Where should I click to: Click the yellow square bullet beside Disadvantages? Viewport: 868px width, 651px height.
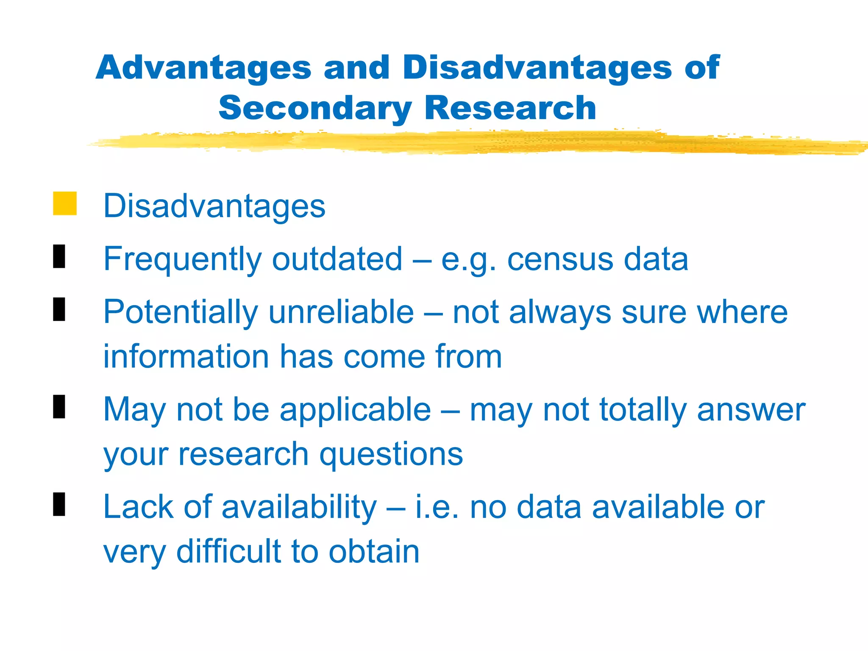click(x=65, y=203)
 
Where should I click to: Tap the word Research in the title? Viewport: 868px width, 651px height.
click(x=510, y=108)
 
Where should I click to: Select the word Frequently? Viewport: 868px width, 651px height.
click(x=183, y=260)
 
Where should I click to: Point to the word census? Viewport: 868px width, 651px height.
click(x=560, y=259)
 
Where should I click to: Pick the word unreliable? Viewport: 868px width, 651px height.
click(x=341, y=312)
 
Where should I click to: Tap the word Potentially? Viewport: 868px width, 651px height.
click(x=181, y=313)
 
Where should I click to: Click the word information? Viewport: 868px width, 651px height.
click(x=186, y=356)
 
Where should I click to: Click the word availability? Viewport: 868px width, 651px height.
click(x=299, y=507)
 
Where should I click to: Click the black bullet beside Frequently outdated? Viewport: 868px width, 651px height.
click(x=59, y=256)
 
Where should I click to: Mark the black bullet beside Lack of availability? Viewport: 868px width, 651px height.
click(x=59, y=504)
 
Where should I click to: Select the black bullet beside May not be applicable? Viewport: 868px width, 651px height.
click(x=59, y=406)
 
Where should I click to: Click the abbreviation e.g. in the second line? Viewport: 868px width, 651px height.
click(x=469, y=260)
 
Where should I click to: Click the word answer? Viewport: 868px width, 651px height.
click(x=751, y=410)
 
